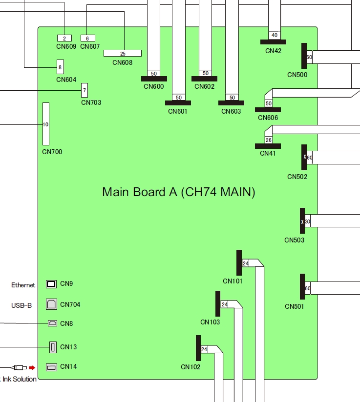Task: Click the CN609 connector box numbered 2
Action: point(64,39)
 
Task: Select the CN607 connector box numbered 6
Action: point(87,39)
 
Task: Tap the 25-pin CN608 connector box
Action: point(122,53)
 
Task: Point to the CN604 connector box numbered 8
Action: point(60,67)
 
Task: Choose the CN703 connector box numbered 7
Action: point(85,90)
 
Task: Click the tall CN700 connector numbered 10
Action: point(46,124)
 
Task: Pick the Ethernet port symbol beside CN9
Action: point(51,284)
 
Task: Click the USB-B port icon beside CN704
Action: point(51,304)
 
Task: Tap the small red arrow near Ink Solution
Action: point(32,367)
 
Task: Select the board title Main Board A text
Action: point(178,192)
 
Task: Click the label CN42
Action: point(273,51)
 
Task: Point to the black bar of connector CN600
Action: point(154,79)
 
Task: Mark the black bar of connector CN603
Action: point(231,103)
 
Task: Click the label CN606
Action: point(268,118)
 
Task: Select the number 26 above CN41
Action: point(269,140)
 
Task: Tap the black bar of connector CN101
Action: point(239,263)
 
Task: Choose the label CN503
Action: point(294,240)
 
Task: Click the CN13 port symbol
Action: point(53,347)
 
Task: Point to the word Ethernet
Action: point(23,285)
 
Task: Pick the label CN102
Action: point(191,367)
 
